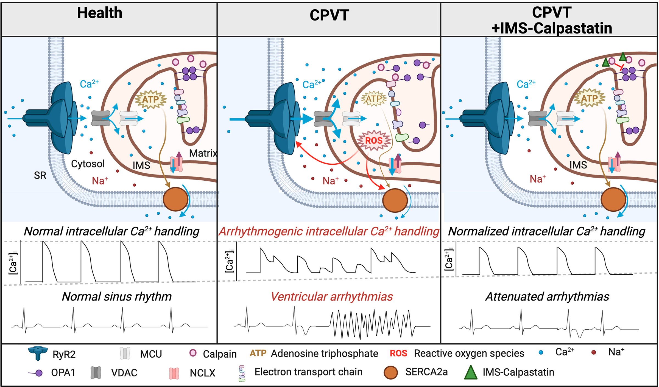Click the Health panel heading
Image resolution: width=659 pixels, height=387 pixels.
[x=99, y=13]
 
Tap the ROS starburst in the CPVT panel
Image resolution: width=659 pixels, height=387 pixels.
[x=374, y=141]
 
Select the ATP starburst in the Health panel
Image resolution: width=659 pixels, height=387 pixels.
[x=150, y=99]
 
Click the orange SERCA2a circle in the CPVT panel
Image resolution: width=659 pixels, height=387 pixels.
[x=395, y=200]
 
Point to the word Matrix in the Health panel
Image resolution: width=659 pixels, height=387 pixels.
[x=203, y=153]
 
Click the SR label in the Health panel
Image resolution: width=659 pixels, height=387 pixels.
[x=40, y=175]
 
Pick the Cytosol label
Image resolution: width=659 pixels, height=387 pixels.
[x=88, y=164]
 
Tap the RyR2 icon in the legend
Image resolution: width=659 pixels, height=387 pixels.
[x=38, y=353]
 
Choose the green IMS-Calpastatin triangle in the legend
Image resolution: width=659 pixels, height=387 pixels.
[x=470, y=372]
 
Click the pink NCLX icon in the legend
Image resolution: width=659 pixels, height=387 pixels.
[x=174, y=373]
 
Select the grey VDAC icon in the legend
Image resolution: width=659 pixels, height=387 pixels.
[x=96, y=373]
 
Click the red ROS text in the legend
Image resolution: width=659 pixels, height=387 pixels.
[x=398, y=353]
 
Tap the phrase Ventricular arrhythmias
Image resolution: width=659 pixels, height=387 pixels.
[x=332, y=297]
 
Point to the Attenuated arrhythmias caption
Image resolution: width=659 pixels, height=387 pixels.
[x=547, y=297]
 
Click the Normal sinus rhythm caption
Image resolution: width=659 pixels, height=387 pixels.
[x=117, y=297]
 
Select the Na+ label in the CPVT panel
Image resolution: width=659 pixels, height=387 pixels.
[x=330, y=181]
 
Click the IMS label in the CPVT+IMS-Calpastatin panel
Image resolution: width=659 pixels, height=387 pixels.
[x=578, y=165]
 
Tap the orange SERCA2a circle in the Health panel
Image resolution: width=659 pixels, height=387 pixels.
[x=175, y=199]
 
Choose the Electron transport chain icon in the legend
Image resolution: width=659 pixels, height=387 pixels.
[x=242, y=373]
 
